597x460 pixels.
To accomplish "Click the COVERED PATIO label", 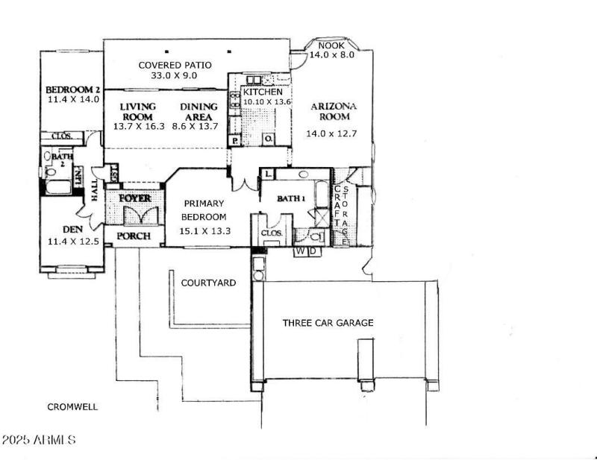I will coord(175,65).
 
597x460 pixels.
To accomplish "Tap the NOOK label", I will coord(332,45).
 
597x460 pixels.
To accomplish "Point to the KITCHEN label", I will coord(263,92).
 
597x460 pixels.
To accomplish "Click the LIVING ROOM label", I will coord(137,112).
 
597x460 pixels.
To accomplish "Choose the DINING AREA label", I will coord(199,112).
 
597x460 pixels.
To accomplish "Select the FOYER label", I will coord(134,198).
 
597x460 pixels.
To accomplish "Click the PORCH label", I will coord(134,237).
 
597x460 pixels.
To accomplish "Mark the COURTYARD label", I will coord(208,283).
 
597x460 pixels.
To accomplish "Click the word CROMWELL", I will coord(72,407).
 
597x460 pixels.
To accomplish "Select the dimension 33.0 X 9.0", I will coord(175,75).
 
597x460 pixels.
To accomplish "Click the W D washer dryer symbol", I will coord(307,251).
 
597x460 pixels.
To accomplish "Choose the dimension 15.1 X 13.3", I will coord(203,231).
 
